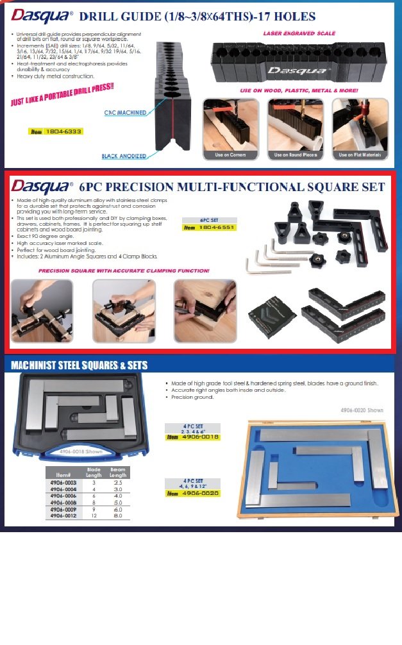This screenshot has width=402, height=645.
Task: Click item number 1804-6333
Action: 63,131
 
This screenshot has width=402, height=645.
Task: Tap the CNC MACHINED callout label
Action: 125,113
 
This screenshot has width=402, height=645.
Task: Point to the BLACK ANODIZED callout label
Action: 123,156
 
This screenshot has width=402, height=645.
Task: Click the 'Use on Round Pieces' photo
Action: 296,124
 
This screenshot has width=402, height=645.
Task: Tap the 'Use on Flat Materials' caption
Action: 360,155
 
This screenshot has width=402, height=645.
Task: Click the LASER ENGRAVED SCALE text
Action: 299,33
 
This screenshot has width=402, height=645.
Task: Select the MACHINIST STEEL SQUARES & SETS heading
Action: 80,365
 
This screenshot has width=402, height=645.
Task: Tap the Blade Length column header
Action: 94,473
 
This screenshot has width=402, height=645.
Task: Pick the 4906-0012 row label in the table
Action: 63,515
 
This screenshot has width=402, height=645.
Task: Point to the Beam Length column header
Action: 117,473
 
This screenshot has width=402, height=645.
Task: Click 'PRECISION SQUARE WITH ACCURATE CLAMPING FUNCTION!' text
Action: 124,271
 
